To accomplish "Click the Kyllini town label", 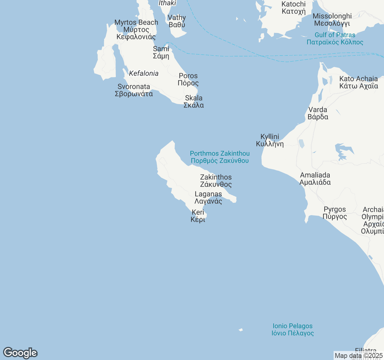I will click(270, 140).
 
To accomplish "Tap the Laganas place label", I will click(208, 198).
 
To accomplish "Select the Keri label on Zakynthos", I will click(198, 216).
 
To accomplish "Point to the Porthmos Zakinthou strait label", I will click(220, 157).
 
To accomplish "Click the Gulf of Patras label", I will click(335, 38).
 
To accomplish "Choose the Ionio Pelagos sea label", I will click(292, 329).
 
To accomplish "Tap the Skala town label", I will click(194, 101).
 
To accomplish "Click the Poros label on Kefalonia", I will click(188, 79).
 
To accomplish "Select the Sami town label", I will click(161, 52).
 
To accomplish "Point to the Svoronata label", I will click(134, 90).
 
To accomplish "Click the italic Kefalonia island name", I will click(144, 73).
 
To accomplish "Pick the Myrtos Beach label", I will click(136, 29).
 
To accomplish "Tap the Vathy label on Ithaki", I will click(177, 21).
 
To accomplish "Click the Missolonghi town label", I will click(332, 19).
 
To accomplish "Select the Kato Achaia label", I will click(358, 82).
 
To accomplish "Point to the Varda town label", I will click(318, 113).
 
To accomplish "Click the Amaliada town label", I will click(315, 178).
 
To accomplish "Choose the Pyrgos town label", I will click(335, 213).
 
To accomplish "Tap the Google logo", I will click(20, 353).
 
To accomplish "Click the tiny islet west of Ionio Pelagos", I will click(241, 330).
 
